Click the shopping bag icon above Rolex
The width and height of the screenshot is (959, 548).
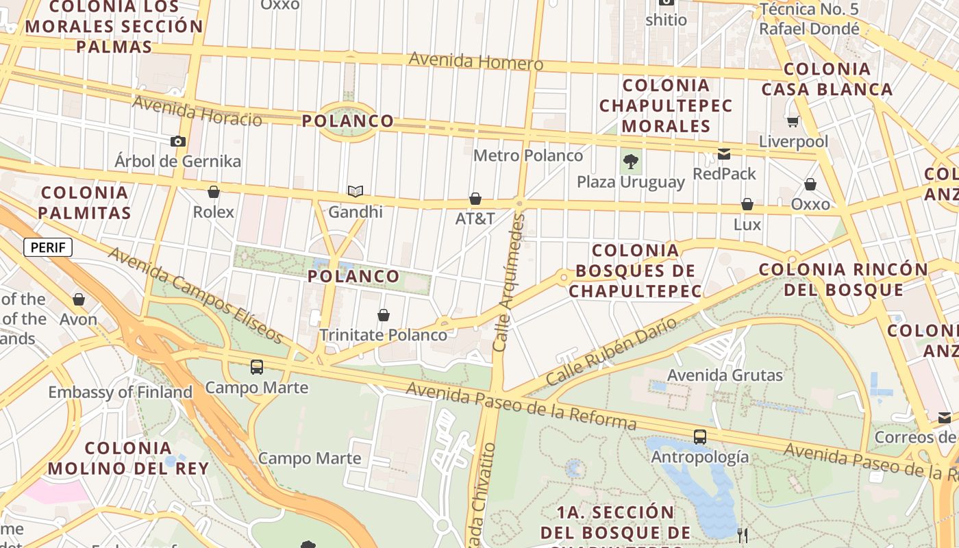[x=214, y=192]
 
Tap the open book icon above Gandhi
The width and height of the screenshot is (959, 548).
[x=355, y=191]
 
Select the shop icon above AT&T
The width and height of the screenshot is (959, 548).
[x=475, y=199]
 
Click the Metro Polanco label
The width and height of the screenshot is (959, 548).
[x=528, y=155]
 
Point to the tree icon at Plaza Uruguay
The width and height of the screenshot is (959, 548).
[x=631, y=162]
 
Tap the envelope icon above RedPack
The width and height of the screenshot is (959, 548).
[x=724, y=153]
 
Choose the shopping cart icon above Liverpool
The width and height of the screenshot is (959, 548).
[x=793, y=121]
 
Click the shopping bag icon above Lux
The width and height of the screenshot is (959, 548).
[x=747, y=204]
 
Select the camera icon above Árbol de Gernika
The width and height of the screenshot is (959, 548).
[x=178, y=141]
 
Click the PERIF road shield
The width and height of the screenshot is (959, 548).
[x=48, y=247]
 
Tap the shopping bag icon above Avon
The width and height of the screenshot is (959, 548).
[x=79, y=299]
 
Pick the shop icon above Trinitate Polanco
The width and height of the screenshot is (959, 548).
[x=384, y=315]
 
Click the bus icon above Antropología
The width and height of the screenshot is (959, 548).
[x=700, y=436]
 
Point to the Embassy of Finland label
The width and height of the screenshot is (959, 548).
[x=120, y=393]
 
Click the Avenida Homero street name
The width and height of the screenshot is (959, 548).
[x=476, y=62]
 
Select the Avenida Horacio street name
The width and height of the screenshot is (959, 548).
[x=197, y=112]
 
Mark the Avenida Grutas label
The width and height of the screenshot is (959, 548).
[x=725, y=375]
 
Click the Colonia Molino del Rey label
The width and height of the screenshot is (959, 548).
[x=128, y=458]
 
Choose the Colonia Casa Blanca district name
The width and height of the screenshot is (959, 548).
[x=827, y=79]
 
